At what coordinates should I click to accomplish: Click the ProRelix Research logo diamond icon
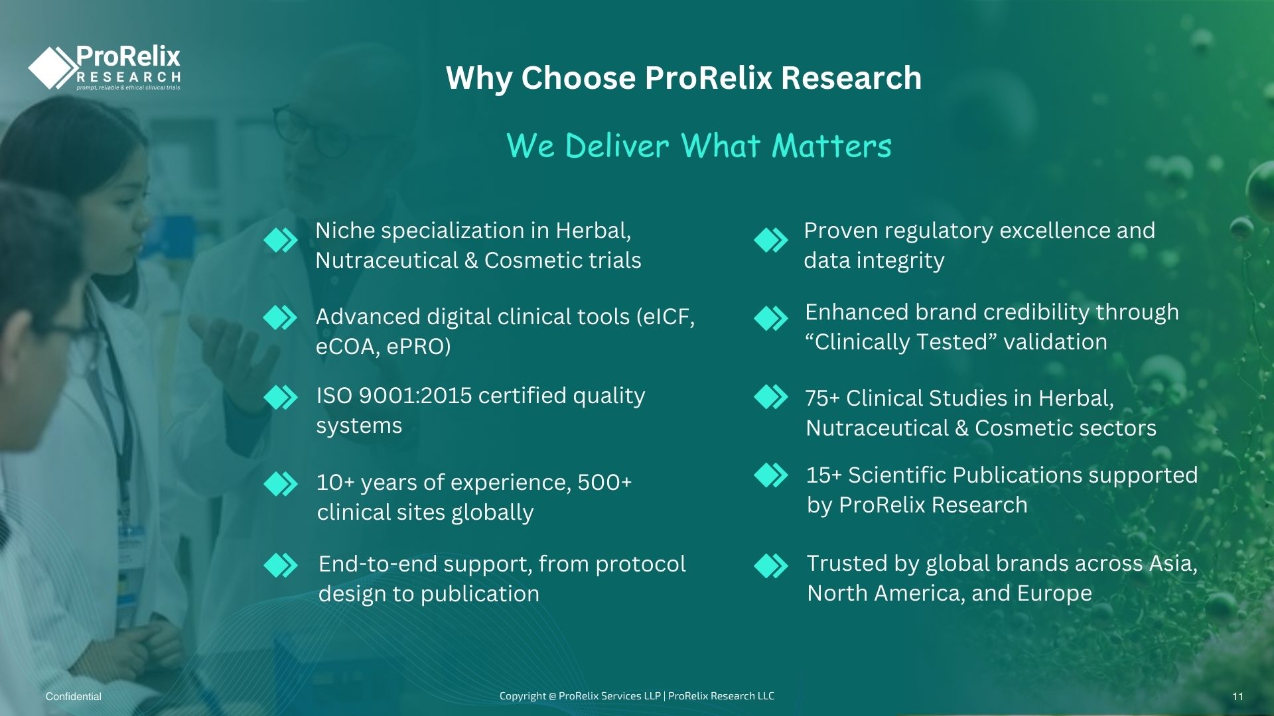[x=53, y=68]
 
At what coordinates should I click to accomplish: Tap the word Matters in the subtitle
[x=832, y=145]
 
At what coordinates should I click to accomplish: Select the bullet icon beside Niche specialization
[x=281, y=240]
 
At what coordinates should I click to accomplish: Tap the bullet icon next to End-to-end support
[x=281, y=566]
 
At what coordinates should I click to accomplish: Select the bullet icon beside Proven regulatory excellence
[x=771, y=240]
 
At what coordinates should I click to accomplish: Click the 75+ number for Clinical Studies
[x=823, y=398]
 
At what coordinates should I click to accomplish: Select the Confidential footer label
[x=74, y=697]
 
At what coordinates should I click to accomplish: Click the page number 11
[x=1238, y=697]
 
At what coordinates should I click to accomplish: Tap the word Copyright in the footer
[x=523, y=696]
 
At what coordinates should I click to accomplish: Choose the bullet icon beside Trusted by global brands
[x=771, y=566]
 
